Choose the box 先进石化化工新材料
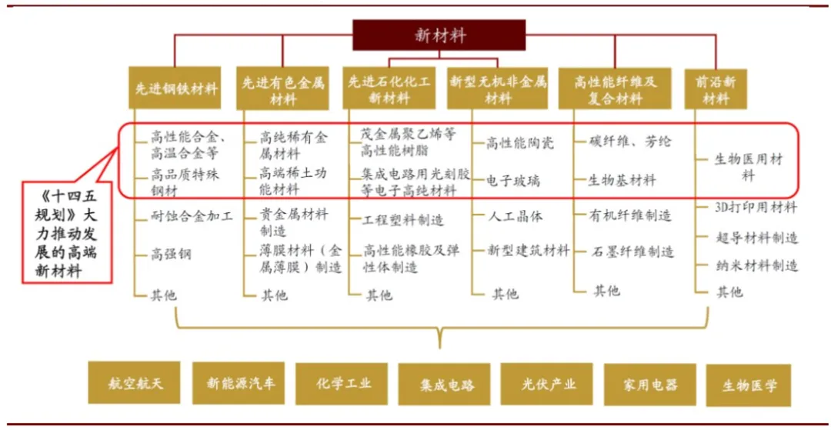pyautogui.click(x=389, y=89)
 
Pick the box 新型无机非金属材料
pyautogui.click(x=497, y=89)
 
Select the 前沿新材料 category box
pyautogui.click(x=716, y=89)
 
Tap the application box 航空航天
pyautogui.click(x=135, y=382)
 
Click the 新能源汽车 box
pyautogui.click(x=239, y=382)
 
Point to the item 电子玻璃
pyautogui.click(x=513, y=181)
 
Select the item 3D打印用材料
pyautogui.click(x=756, y=207)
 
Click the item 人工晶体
pyautogui.click(x=519, y=216)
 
